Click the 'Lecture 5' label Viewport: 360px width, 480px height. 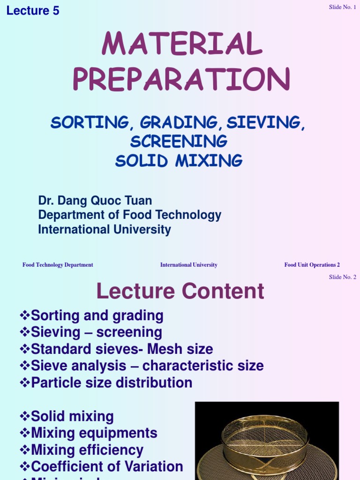point(33,11)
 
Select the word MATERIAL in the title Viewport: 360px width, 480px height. point(182,45)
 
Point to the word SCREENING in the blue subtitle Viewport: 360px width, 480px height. point(179,141)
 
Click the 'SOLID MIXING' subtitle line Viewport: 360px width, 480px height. point(179,160)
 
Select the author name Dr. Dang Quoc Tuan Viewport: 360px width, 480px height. point(95,201)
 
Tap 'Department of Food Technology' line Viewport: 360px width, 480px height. point(129,215)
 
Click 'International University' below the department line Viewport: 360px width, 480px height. point(105,230)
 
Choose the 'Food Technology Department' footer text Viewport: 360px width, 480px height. point(58,265)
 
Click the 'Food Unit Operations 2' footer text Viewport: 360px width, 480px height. point(312,265)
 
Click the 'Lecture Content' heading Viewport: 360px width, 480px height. point(180,292)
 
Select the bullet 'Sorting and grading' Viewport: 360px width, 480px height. point(97,315)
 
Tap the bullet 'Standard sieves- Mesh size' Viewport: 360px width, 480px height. point(122,349)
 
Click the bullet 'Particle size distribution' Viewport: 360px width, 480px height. point(112,382)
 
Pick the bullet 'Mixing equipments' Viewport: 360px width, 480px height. point(94,433)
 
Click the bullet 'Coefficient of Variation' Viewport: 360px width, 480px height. point(107,466)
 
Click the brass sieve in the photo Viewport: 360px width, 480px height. point(265,441)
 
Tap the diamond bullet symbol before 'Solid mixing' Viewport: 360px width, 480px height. point(25,416)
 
